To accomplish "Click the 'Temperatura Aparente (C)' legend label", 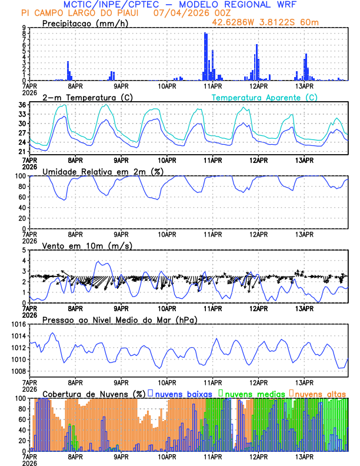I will coord(264,97).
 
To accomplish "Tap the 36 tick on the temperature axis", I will coord(21,105).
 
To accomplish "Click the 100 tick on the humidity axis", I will coord(19,176).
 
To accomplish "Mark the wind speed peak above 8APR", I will coord(99,262).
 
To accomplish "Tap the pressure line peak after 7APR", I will coord(52,334).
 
